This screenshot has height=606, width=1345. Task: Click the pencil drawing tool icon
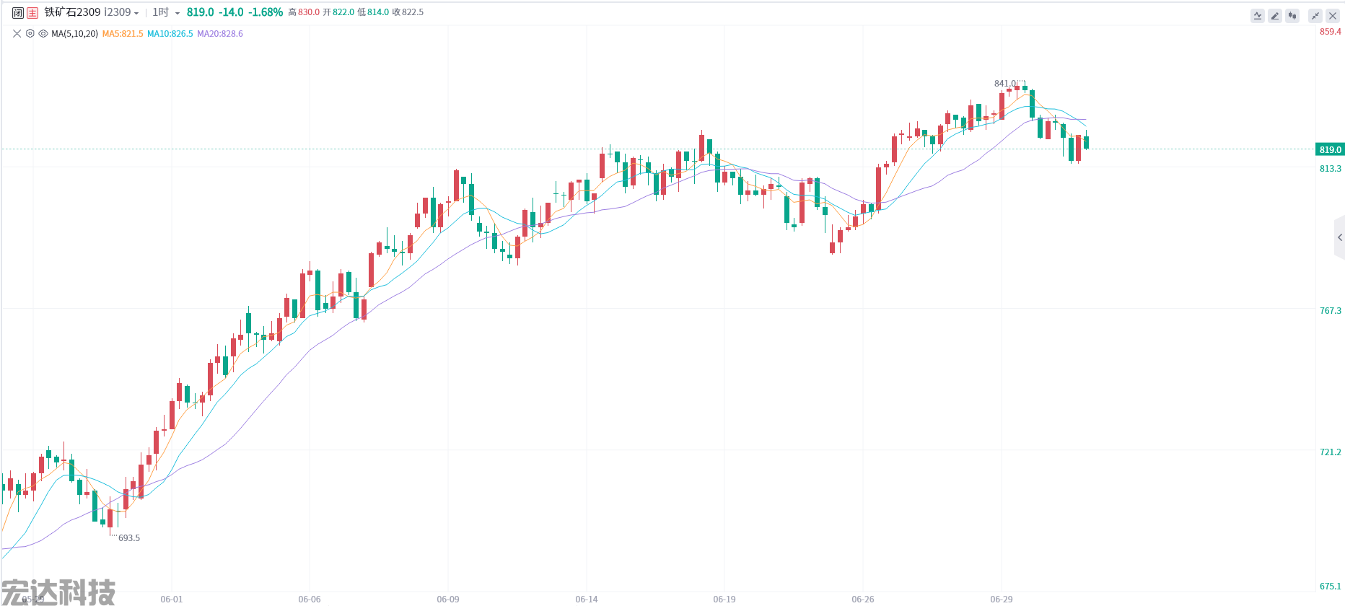(x=1275, y=16)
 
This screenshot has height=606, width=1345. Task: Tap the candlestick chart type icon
(x=1292, y=16)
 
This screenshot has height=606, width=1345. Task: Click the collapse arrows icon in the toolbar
(x=1315, y=16)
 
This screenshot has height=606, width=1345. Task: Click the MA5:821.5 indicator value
(x=123, y=34)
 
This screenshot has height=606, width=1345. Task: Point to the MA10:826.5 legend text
(x=170, y=34)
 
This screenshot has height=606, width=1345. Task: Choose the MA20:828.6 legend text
(x=220, y=34)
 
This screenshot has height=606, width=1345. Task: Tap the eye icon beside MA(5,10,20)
(x=43, y=34)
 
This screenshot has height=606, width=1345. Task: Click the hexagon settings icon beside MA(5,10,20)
(x=30, y=34)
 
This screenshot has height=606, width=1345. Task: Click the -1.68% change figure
(x=266, y=12)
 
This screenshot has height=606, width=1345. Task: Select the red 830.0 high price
(x=308, y=12)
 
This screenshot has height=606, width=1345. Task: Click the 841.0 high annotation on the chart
(x=1005, y=84)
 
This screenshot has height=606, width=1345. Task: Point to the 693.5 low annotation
(x=128, y=538)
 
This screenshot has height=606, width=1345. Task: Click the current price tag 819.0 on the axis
(x=1330, y=150)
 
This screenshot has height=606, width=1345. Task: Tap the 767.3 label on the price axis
(x=1330, y=311)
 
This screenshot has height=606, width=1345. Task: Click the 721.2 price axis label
(x=1330, y=452)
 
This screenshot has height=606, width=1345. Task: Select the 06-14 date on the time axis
(x=587, y=600)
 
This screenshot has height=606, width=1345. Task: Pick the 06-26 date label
(x=862, y=600)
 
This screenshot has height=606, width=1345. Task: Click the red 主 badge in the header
(x=32, y=13)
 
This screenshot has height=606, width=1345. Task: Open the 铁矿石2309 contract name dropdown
(x=91, y=12)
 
